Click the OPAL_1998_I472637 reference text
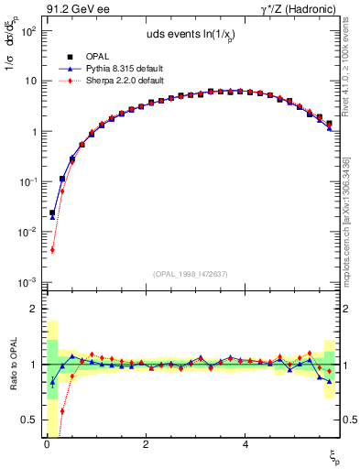tap(190, 274)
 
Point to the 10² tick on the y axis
tap(28, 30)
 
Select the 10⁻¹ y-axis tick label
tap(27, 181)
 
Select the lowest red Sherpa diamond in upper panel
tap(52, 249)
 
